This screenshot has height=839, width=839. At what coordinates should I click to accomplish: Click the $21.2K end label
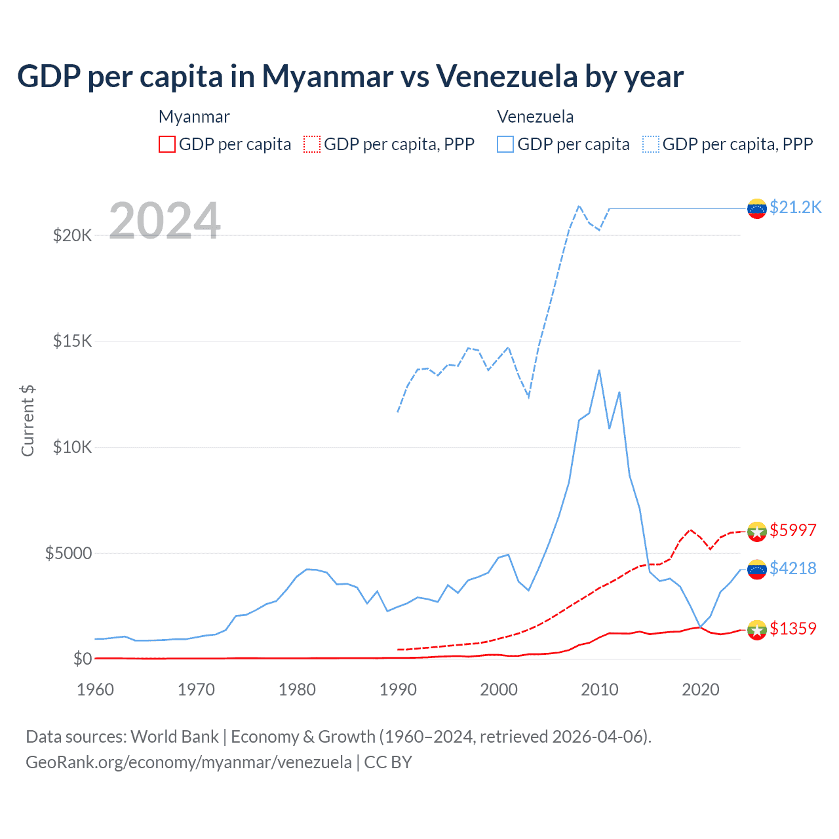coord(795,208)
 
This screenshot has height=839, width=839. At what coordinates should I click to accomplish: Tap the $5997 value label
coord(793,530)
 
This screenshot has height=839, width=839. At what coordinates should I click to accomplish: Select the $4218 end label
coord(793,568)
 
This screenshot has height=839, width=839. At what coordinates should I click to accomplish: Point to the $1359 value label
coord(793,629)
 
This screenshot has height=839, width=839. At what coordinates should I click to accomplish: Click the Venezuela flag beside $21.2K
coord(757,208)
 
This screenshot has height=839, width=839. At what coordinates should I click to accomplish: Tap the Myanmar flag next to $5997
coord(757,532)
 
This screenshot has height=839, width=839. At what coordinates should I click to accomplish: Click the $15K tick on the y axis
coord(73,341)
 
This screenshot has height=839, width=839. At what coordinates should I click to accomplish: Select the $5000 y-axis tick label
coord(68,553)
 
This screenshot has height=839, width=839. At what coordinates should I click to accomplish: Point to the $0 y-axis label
coord(82,659)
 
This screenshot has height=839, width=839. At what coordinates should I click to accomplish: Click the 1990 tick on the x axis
coord(398,690)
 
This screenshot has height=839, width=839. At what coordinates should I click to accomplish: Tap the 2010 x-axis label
coord(600,690)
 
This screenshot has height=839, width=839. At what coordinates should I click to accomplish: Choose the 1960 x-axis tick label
coord(96,690)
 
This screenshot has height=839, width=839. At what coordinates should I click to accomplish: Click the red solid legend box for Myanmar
coord(167,144)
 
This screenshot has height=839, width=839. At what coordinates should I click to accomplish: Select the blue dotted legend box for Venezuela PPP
coord(651,144)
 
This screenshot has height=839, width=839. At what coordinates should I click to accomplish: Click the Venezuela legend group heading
coord(536,117)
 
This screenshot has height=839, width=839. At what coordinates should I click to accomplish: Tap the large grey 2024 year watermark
coord(165,220)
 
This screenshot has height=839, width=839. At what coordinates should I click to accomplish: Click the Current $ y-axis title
coord(28,421)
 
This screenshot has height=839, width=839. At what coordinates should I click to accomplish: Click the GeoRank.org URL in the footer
coord(189,762)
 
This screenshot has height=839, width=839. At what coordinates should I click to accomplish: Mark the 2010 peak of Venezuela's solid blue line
coord(599,370)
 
